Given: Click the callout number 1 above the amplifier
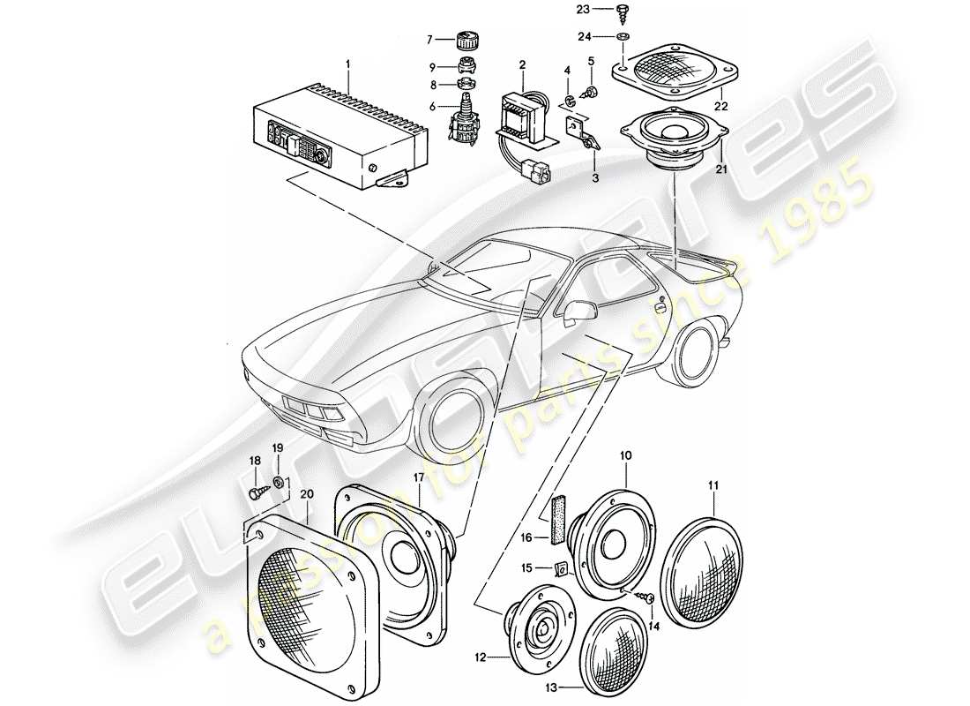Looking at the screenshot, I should pyautogui.click(x=347, y=64).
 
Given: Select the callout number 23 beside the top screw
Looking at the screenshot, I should pyautogui.click(x=607, y=9).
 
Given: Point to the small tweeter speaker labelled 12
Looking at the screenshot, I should pyautogui.click(x=538, y=622).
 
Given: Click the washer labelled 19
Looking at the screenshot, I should pyautogui.click(x=279, y=482).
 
